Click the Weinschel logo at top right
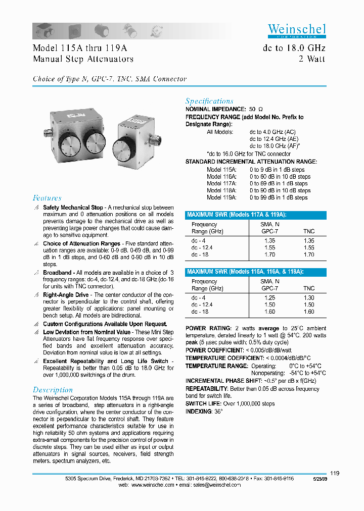point(296,30)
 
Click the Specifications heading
point(209,101)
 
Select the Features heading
point(47,198)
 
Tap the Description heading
point(53,390)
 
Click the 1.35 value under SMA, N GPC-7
point(270,241)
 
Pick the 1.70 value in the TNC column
point(308,254)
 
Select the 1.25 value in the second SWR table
point(270,298)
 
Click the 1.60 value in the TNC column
point(308,312)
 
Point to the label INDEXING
point(199,411)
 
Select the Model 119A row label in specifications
point(221,197)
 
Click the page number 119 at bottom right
point(334,473)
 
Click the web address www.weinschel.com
point(153,485)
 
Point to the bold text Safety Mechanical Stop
point(72,208)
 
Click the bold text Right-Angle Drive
point(66,294)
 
